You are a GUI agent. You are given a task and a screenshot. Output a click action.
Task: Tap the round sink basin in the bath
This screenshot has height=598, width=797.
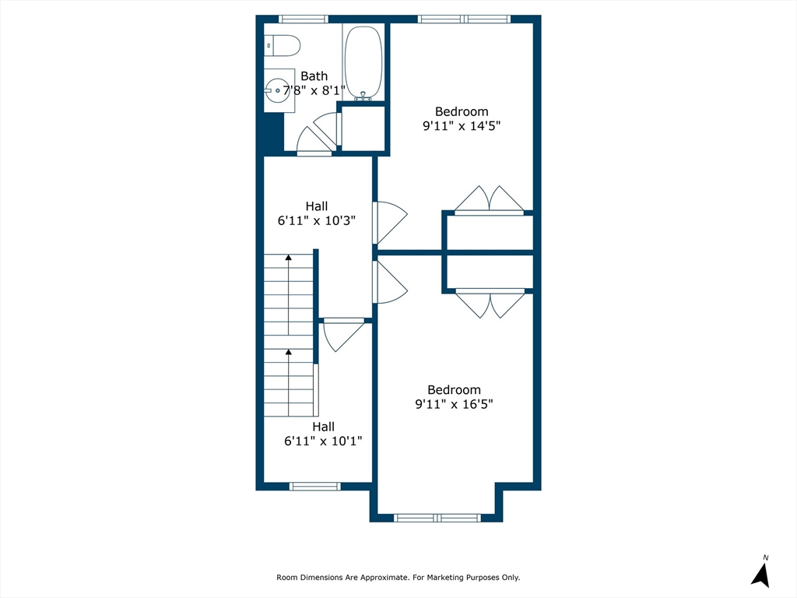(x=278, y=90)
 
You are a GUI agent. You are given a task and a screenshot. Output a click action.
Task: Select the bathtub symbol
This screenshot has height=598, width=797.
(x=363, y=62)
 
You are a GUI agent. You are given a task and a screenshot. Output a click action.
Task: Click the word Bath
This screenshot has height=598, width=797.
(x=314, y=76)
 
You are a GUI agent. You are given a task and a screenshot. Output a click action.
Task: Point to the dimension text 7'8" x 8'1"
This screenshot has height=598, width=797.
(x=314, y=90)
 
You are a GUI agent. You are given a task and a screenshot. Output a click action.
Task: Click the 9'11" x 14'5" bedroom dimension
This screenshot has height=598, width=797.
(x=462, y=125)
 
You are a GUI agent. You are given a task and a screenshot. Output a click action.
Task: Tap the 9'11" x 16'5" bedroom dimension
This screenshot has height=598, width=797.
(x=454, y=404)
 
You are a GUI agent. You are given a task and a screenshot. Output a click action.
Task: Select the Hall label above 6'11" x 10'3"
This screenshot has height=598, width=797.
(x=316, y=206)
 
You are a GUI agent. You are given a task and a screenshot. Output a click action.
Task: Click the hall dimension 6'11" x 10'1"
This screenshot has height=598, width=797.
(x=323, y=441)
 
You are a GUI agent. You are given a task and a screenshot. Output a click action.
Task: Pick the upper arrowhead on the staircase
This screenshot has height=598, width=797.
(x=289, y=257)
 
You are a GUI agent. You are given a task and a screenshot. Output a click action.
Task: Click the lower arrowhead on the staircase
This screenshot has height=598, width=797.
(x=289, y=352)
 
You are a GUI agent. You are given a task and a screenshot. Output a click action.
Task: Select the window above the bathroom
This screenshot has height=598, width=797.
(x=304, y=19)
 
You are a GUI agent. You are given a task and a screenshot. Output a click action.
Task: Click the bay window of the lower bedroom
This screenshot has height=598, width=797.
(x=437, y=518)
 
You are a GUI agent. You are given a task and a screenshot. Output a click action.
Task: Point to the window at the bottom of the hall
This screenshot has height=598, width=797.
(x=315, y=487)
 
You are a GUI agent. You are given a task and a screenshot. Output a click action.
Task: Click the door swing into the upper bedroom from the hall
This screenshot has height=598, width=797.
(x=391, y=222)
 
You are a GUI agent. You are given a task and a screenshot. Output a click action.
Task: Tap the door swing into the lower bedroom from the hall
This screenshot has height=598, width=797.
(x=391, y=283)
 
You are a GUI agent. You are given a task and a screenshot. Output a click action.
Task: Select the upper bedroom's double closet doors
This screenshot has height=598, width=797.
(x=489, y=199)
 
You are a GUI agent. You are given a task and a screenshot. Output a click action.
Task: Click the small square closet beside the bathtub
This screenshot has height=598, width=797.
(x=363, y=128)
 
